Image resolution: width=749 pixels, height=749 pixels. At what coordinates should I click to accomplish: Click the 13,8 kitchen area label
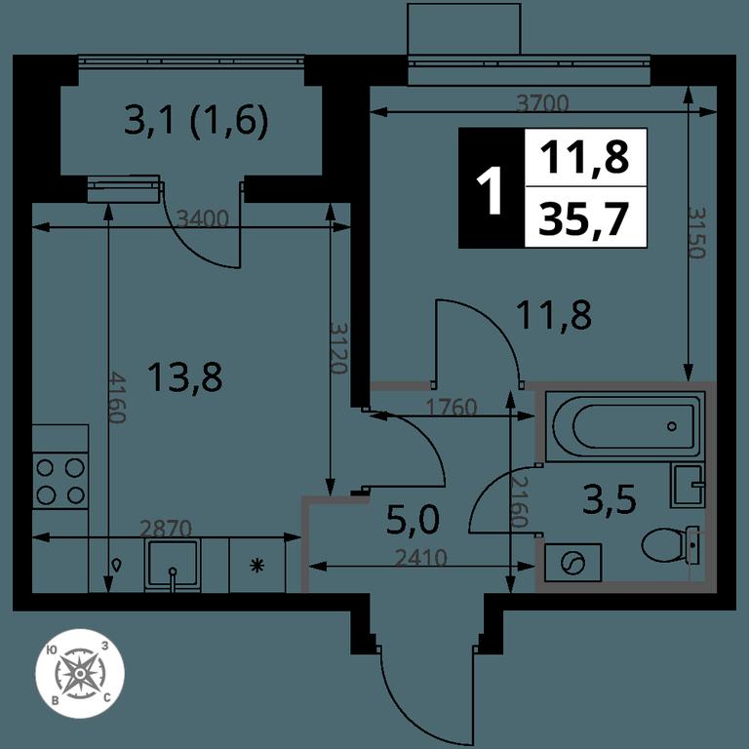pos(185,376)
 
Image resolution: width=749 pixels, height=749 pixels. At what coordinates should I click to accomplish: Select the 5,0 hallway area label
pos(413,520)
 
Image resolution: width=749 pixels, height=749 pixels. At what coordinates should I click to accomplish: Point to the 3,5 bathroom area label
pos(609,498)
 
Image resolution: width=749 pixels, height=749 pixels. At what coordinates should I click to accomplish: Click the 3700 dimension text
pos(543,102)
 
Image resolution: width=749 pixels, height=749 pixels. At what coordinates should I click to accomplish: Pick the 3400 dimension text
pos(203,218)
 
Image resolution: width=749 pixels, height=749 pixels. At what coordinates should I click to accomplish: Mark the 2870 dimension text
pos(166,529)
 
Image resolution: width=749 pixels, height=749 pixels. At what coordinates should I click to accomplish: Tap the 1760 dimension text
pos(452,408)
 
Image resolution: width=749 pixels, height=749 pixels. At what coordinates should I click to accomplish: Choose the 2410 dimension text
pos(421,558)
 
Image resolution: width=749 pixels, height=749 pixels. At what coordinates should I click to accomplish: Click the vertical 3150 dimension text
pos(696,233)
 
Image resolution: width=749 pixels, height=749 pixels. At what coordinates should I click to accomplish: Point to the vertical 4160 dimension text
pos(117,398)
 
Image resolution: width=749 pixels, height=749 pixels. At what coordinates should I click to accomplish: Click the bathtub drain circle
pos(673,426)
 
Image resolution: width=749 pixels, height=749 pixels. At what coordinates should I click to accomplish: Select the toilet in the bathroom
pos(671,545)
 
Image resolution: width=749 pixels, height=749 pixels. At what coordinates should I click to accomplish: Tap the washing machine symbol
pos(572,562)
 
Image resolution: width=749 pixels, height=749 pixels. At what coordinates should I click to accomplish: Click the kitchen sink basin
pos(173,565)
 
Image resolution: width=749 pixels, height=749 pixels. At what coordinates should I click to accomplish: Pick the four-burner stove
pos(60,481)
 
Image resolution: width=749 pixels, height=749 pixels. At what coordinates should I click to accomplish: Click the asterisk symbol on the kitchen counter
pos(257,566)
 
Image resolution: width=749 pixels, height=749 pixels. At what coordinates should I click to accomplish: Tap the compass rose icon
pos(80,673)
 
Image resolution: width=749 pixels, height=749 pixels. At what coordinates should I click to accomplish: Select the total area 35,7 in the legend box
pos(582,218)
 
